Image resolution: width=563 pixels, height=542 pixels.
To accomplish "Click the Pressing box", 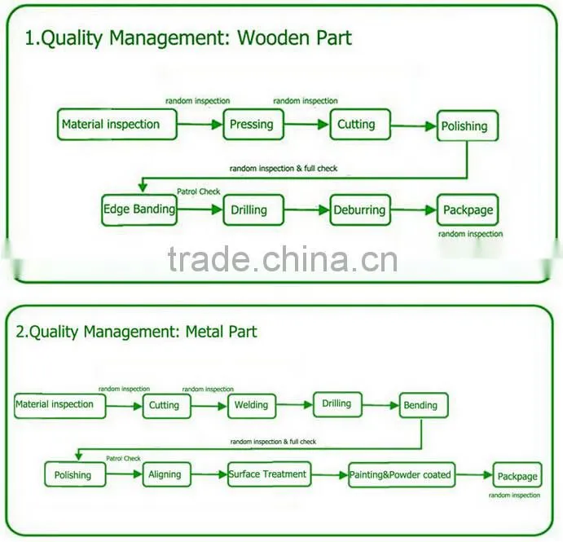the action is [253, 124].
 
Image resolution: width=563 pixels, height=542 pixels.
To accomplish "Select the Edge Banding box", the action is [139, 210].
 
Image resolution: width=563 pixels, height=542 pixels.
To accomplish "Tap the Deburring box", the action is [360, 210].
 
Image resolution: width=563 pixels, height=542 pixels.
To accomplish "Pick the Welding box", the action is [252, 406].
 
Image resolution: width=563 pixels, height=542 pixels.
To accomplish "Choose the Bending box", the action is [424, 406].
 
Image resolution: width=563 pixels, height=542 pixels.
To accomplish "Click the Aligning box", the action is [166, 474].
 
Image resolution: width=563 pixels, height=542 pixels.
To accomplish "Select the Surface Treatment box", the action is [270, 474].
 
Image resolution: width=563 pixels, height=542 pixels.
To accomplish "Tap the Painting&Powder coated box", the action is [402, 475].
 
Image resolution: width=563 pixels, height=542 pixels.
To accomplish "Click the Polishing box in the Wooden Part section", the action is [468, 126].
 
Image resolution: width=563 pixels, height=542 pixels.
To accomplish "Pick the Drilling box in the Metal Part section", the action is [337, 404].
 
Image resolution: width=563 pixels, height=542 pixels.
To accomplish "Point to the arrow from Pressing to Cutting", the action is [306, 125].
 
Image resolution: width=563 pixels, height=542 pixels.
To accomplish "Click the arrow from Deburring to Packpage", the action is [414, 210].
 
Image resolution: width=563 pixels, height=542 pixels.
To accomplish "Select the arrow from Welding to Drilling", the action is [294, 405].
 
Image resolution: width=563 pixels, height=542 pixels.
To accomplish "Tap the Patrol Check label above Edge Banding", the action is [199, 192].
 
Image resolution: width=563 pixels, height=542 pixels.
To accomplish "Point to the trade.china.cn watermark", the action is [283, 259].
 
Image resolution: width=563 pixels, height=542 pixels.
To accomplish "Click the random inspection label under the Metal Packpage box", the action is [514, 496].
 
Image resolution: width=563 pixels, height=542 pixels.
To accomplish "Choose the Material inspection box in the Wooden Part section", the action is [117, 124].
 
